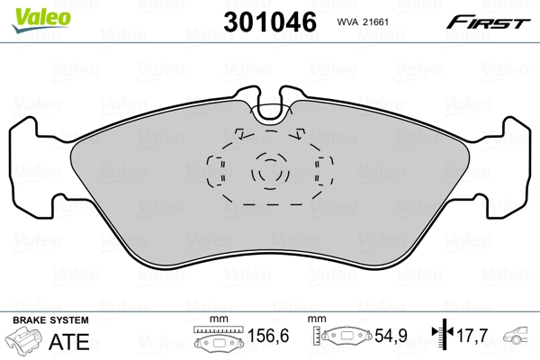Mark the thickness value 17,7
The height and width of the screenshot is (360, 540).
[472, 339]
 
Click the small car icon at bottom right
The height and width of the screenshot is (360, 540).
[518, 339]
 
